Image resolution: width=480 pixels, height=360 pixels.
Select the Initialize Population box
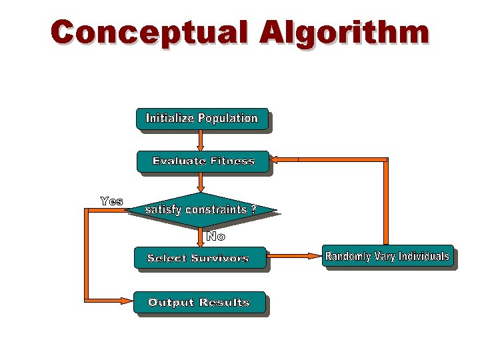pyautogui.click(x=202, y=119)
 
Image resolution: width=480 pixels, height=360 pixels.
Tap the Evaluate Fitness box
pyautogui.click(x=203, y=161)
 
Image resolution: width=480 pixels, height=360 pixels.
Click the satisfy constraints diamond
pyautogui.click(x=201, y=209)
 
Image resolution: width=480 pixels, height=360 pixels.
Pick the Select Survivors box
pyautogui.click(x=199, y=258)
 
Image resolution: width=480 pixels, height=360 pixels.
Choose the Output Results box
pyautogui.click(x=199, y=303)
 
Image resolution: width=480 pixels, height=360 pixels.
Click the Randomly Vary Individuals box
pyautogui.click(x=387, y=257)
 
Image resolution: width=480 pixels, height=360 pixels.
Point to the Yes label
pyautogui.click(x=111, y=201)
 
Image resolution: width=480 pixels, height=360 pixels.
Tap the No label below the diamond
pyautogui.click(x=215, y=236)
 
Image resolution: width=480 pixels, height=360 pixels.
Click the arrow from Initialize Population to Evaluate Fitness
pyautogui.click(x=201, y=140)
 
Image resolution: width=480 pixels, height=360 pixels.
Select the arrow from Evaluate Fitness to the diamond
pyautogui.click(x=201, y=182)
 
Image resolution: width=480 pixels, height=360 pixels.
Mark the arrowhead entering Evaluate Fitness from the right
pyautogui.click(x=276, y=159)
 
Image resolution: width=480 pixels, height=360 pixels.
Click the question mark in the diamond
pyautogui.click(x=253, y=209)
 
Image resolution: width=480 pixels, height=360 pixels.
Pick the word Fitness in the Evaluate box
pyautogui.click(x=232, y=161)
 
